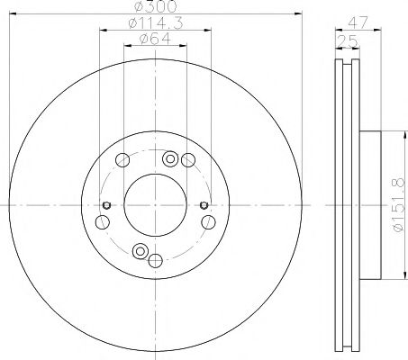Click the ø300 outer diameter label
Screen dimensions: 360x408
(155, 8)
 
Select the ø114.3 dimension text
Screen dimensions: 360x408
(155, 24)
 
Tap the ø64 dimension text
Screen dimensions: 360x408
(155, 39)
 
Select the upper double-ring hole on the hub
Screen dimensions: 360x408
(170, 160)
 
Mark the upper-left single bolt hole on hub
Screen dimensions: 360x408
(122, 161)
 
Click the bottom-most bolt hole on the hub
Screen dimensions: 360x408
(155, 261)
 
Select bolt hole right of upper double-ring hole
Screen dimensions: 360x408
(187, 161)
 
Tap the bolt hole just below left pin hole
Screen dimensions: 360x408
(102, 222)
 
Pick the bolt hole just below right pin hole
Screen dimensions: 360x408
(208, 222)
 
